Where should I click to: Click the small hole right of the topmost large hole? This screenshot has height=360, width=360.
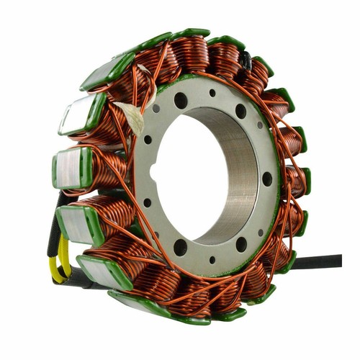212,94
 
